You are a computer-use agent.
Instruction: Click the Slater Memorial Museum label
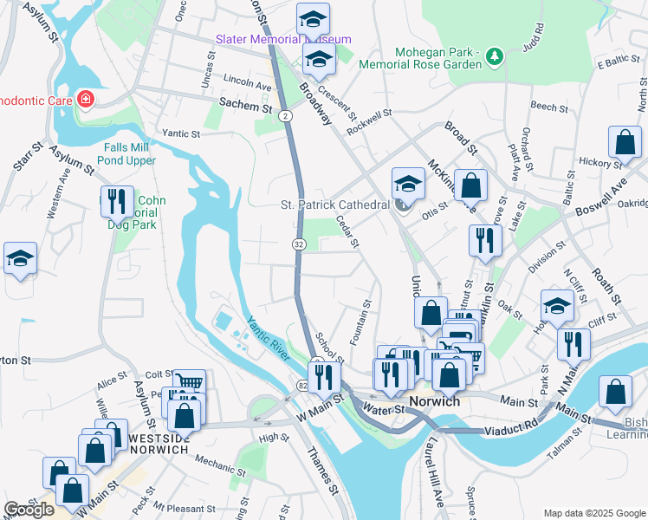tap(283, 40)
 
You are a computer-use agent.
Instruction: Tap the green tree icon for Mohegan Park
tap(494, 56)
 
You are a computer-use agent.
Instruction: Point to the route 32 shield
tap(298, 245)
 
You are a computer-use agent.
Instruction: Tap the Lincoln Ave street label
tap(249, 85)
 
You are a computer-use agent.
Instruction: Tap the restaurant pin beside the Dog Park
tap(116, 203)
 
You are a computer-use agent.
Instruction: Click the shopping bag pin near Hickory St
tap(625, 143)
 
